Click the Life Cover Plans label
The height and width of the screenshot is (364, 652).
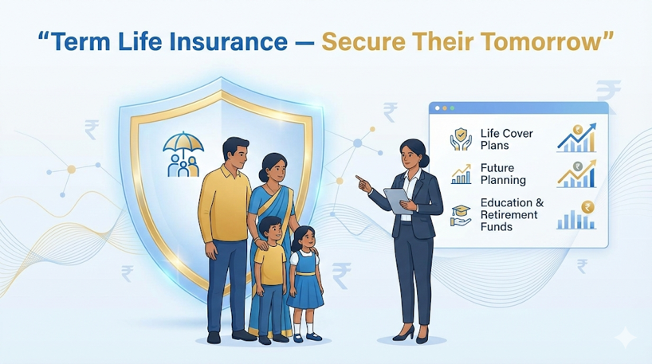pyautogui.click(x=506, y=139)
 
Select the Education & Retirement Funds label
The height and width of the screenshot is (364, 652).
pyautogui.click(x=513, y=215)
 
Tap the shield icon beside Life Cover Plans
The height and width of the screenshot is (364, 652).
pyautogui.click(x=461, y=140)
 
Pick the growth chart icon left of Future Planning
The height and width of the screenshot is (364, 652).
pyautogui.click(x=461, y=174)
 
